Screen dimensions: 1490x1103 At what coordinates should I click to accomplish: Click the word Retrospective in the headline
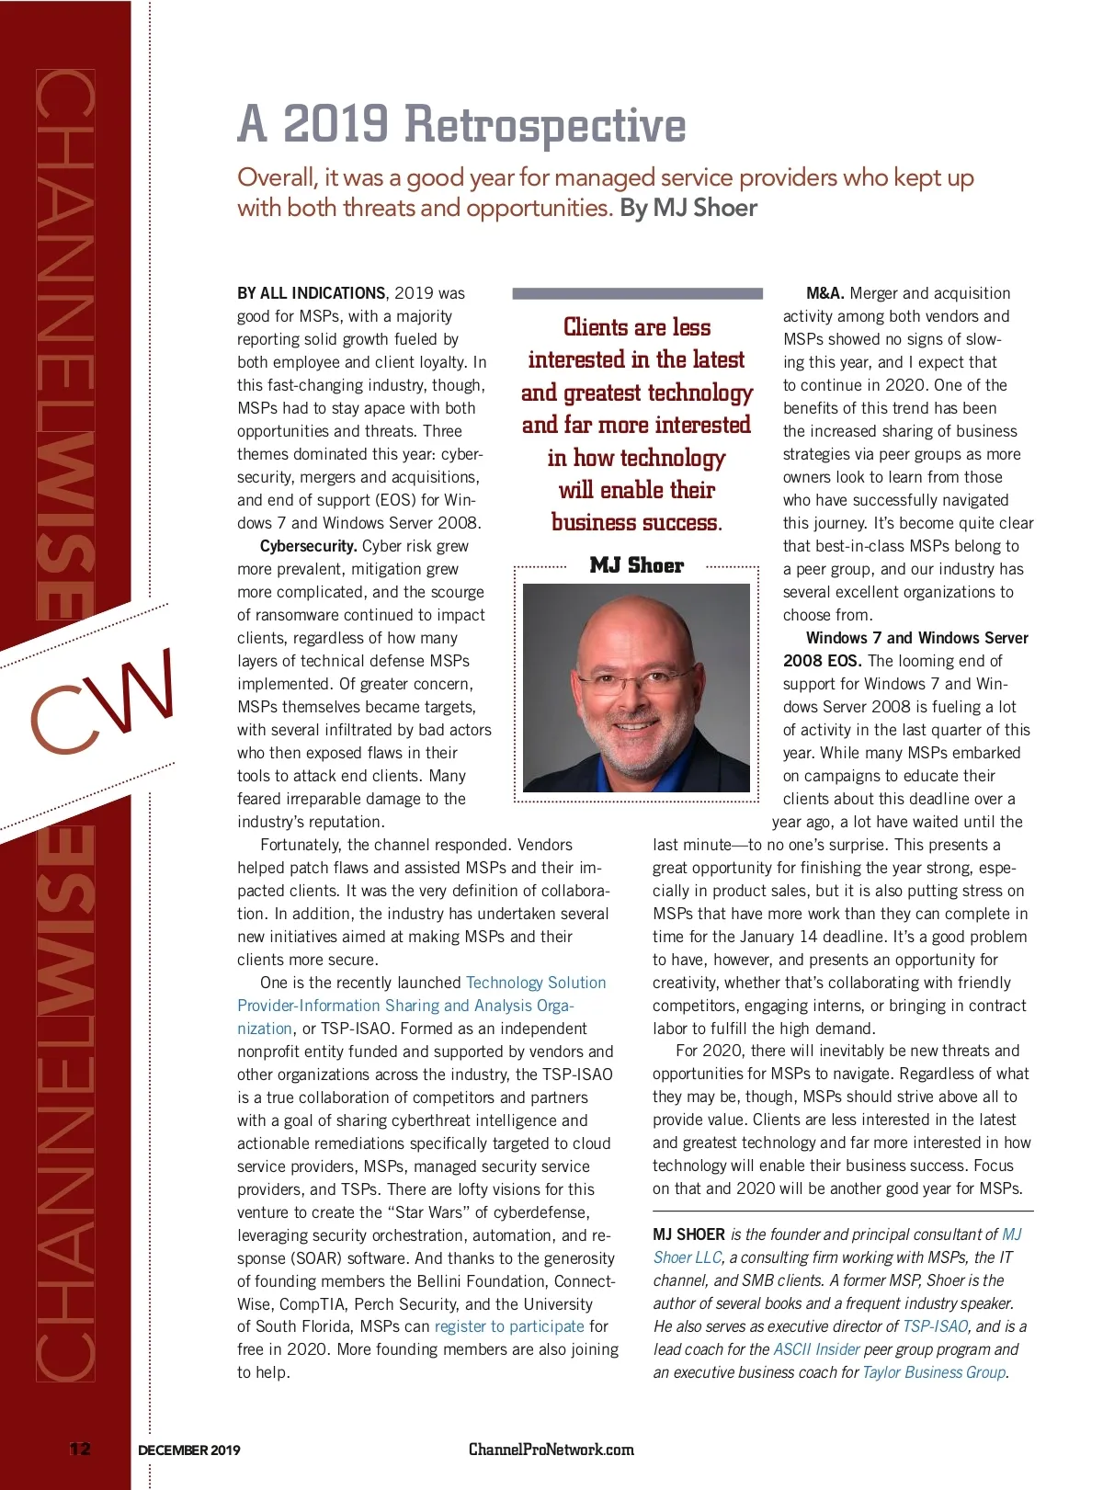click(545, 125)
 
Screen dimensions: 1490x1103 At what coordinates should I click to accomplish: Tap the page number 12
click(80, 1450)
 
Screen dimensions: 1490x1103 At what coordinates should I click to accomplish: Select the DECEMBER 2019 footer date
click(189, 1450)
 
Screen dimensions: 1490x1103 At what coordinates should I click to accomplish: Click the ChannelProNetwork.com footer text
click(551, 1450)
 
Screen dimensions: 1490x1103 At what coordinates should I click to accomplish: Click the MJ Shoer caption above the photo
click(637, 566)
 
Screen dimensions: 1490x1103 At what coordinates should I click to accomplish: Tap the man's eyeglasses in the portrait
click(636, 682)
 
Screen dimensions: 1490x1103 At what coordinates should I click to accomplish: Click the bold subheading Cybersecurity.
click(308, 546)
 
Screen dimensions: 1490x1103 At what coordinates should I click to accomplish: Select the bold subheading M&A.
click(824, 293)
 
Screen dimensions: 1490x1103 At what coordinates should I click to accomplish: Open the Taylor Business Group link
click(934, 1372)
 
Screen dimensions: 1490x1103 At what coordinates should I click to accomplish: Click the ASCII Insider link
click(816, 1349)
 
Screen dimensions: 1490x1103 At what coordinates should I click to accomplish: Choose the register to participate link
click(509, 1326)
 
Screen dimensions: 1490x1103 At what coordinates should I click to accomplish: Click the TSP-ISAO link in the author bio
click(935, 1326)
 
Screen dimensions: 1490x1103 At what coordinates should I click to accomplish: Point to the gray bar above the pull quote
click(637, 294)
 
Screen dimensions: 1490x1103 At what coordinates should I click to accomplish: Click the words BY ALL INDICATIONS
click(311, 293)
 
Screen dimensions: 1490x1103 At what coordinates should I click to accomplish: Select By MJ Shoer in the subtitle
click(688, 208)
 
